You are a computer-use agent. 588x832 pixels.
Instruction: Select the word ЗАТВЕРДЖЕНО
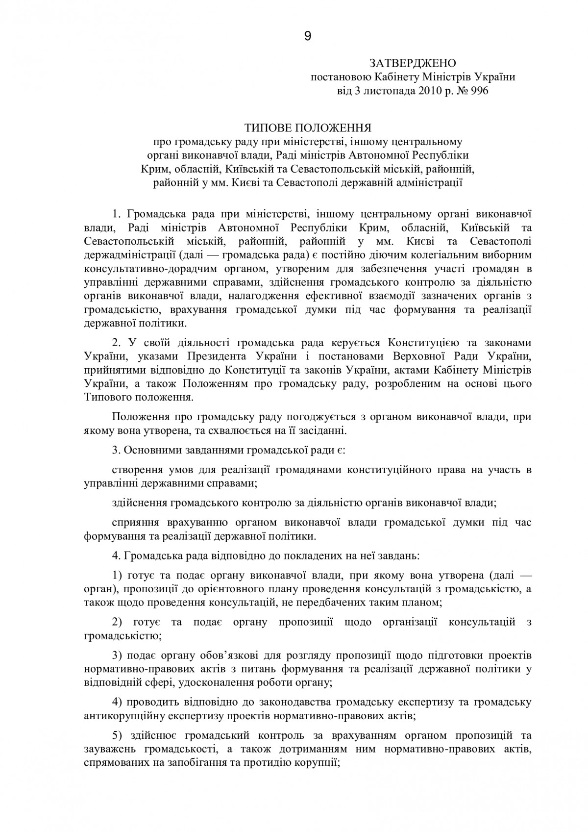point(413,63)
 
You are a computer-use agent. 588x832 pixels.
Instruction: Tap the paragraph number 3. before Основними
point(116,450)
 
